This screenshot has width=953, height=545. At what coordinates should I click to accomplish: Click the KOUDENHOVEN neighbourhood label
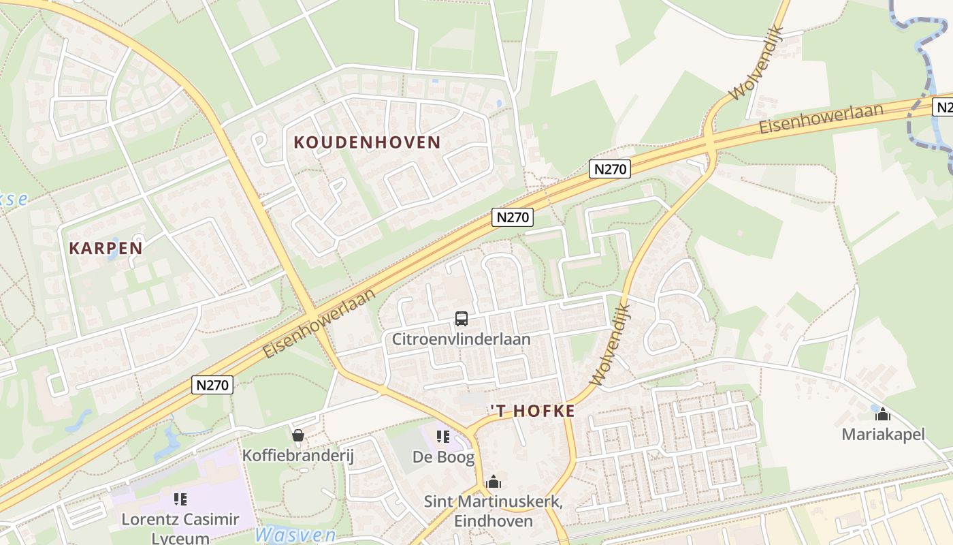point(367,142)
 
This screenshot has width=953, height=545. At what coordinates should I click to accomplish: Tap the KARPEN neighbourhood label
point(106,248)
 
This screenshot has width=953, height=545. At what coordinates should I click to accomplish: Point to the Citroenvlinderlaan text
point(461,339)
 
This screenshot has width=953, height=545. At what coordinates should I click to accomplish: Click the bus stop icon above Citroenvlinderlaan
point(461,318)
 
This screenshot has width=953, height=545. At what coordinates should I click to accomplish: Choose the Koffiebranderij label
point(298,456)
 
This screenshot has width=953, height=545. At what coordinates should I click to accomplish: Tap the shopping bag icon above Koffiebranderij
point(297,435)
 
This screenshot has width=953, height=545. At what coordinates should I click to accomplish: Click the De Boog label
point(443,457)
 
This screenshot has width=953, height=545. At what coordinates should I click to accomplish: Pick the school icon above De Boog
point(443,436)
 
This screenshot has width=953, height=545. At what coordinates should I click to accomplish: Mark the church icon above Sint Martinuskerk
point(494,482)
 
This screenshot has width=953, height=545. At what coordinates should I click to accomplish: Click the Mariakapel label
point(883,434)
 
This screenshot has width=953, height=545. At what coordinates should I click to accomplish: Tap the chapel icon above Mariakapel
point(883,414)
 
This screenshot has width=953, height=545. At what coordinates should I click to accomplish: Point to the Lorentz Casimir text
point(180,520)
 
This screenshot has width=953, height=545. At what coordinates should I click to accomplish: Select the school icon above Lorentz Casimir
point(180,499)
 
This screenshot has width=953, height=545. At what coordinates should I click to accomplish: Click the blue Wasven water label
point(295,534)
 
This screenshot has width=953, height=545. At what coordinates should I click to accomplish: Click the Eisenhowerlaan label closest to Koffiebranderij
point(319,323)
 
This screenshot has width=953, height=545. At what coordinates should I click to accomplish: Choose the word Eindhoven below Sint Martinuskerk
point(493,521)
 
